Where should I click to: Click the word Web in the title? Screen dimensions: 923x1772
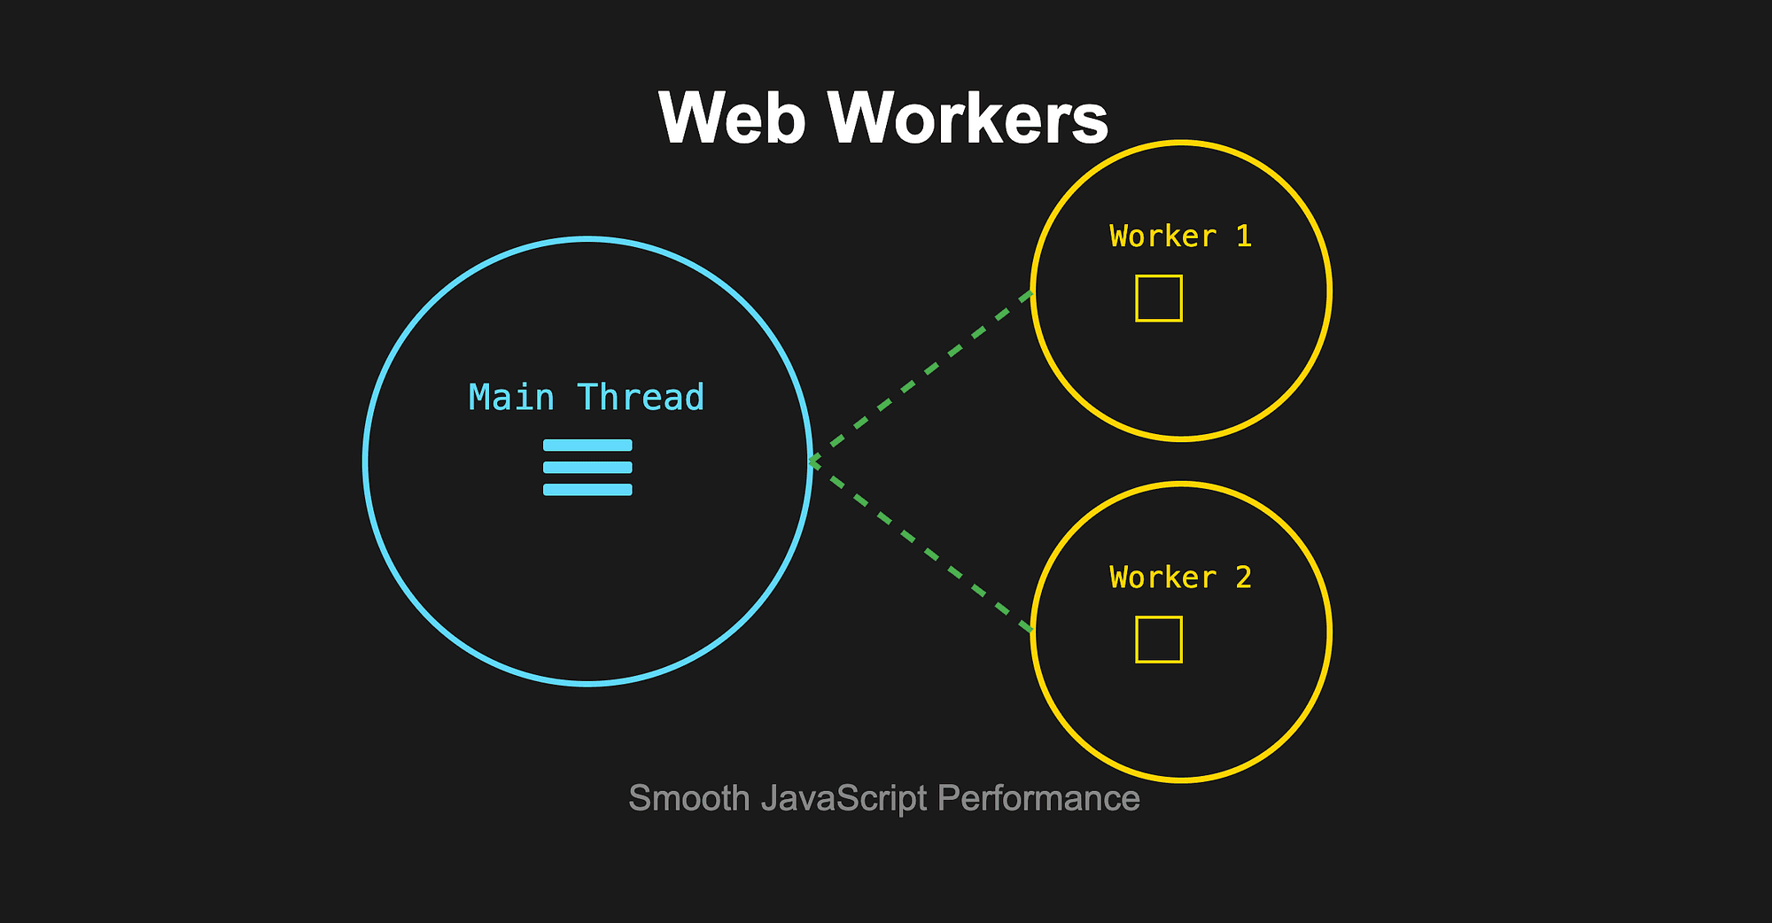pos(732,118)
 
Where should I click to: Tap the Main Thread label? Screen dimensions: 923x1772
pos(587,398)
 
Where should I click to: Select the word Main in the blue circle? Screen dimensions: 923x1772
pos(511,398)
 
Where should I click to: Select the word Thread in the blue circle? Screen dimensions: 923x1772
pos(641,398)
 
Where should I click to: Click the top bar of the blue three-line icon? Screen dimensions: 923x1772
pos(587,446)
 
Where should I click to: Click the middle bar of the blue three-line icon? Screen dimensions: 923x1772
pos(587,468)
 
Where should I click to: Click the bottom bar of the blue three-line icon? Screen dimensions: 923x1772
pos(587,490)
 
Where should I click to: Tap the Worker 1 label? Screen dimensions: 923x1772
pos(1180,237)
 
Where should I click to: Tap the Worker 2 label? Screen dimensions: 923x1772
pos(1180,578)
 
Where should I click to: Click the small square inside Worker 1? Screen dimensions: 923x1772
pos(1159,299)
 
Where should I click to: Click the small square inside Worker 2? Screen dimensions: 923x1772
pos(1159,640)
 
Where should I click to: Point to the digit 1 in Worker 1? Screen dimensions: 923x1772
pos(1244,237)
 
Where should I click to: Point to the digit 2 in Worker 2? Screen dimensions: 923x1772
pos(1244,578)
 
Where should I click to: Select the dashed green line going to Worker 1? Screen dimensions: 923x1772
pos(921,376)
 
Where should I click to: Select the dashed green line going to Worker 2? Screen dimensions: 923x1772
pos(921,547)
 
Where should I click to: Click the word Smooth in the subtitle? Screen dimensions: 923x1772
pos(689,799)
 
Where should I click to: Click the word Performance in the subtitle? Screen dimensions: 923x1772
pos(1038,799)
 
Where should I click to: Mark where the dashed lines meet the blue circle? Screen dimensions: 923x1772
pos(811,461)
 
